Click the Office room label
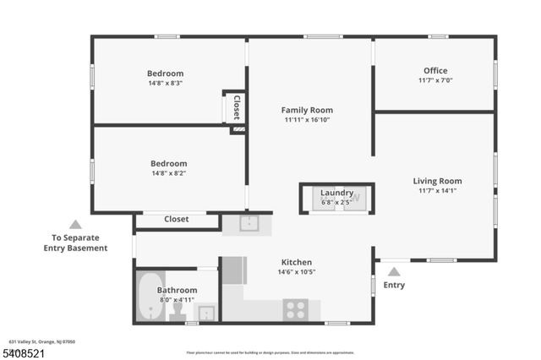coord(435,71)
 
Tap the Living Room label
coord(437,181)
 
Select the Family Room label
coord(307,110)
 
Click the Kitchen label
coord(295,263)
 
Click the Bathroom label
coord(178,291)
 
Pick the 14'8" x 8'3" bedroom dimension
coord(165,84)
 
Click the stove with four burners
coord(295,309)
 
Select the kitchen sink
coord(248,223)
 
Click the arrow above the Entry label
coord(394,272)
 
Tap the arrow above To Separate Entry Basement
coord(75,225)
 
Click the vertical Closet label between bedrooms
coord(237,107)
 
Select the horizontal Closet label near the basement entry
coord(177,220)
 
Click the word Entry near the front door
coord(394,286)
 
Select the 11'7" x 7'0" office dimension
coord(435,80)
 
